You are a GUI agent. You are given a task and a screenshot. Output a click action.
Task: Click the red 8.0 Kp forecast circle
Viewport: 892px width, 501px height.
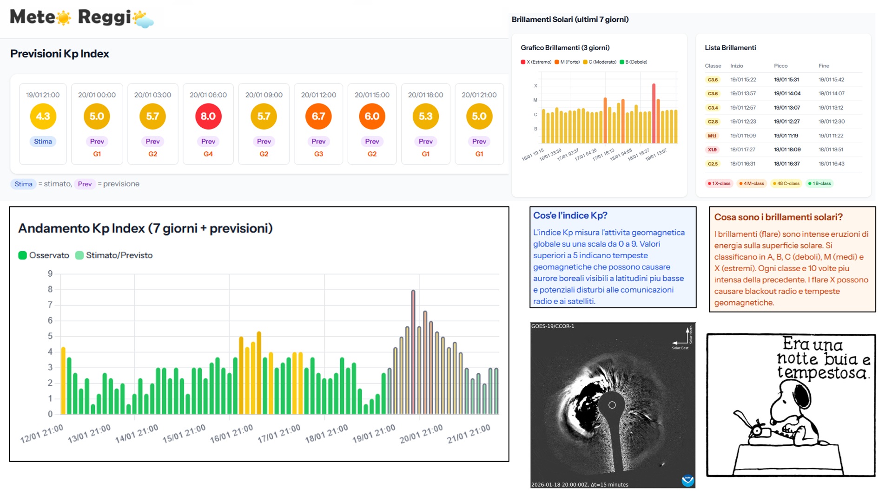208,116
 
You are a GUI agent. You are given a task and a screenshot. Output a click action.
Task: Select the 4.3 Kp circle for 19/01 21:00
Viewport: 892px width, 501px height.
43,116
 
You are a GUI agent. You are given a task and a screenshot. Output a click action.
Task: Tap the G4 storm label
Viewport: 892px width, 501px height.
208,154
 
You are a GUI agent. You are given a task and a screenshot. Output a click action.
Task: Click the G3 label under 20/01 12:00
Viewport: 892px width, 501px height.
318,154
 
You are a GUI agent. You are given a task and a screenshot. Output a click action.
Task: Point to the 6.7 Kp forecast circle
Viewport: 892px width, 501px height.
318,116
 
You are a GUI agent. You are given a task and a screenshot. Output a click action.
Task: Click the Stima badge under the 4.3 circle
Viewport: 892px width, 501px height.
43,141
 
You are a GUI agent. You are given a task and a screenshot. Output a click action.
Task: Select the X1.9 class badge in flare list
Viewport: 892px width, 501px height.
712,150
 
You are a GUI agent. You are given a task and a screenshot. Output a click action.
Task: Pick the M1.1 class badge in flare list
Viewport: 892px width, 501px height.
712,136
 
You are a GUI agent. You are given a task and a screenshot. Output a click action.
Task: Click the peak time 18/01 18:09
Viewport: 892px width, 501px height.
787,150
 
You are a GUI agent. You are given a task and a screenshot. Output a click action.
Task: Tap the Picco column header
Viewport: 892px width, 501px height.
780,66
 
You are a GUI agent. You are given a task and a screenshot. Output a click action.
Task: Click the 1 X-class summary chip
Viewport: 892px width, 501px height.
719,183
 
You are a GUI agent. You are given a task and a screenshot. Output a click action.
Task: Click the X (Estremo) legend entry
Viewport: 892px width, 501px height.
536,62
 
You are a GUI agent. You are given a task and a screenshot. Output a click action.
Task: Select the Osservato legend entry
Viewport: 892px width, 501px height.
44,255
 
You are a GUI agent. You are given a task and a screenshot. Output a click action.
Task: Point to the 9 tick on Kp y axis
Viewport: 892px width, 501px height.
50,274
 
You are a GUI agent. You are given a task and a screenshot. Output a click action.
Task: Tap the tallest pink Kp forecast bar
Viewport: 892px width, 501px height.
413,352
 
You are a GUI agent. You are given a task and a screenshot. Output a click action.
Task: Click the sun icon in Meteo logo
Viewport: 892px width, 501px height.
63,18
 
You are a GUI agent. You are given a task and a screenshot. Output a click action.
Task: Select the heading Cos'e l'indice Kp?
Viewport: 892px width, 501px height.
570,215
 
